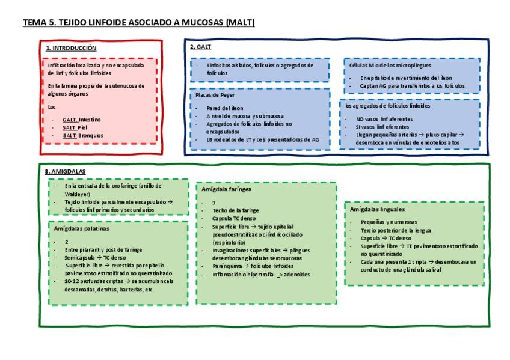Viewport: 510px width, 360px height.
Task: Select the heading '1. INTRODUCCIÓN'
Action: coord(71,47)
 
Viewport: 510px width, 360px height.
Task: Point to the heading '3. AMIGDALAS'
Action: coord(65,171)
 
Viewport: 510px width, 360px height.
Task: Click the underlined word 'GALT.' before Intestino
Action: coord(70,120)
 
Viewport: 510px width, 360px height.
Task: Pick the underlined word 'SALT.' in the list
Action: coord(70,127)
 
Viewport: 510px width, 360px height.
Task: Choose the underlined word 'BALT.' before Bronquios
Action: coord(70,135)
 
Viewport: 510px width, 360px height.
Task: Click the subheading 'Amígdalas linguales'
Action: coord(377,209)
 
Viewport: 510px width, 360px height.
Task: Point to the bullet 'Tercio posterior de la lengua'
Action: coord(397,231)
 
